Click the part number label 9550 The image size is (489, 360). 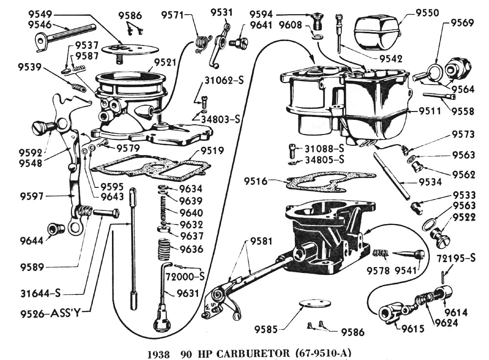pyautogui.click(x=427, y=13)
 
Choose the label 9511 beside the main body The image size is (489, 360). pyautogui.click(x=430, y=111)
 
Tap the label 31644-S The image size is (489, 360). pyautogui.click(x=41, y=293)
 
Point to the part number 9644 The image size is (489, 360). pyautogui.click(x=31, y=240)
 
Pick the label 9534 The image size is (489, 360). pyautogui.click(x=430, y=182)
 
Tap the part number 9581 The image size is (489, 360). pyautogui.click(x=262, y=241)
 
